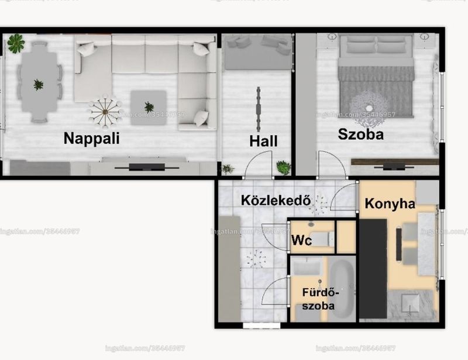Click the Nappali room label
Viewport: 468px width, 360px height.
[x=92, y=139]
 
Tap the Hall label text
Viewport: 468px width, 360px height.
[x=263, y=141]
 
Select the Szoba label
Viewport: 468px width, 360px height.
[x=360, y=134]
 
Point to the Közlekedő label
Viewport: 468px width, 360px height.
[x=276, y=200]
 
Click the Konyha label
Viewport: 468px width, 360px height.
[x=390, y=204]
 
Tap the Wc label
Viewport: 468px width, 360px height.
[x=301, y=240]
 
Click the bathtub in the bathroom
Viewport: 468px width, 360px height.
[x=341, y=289]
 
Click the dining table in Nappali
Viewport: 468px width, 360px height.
[x=39, y=82]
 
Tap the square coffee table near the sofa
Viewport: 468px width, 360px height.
[x=149, y=108]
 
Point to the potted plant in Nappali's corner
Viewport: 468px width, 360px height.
[x=16, y=43]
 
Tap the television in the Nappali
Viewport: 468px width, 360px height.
[x=147, y=167]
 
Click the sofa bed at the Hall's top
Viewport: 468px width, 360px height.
[x=257, y=53]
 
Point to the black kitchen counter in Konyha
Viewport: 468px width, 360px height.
[x=373, y=269]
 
